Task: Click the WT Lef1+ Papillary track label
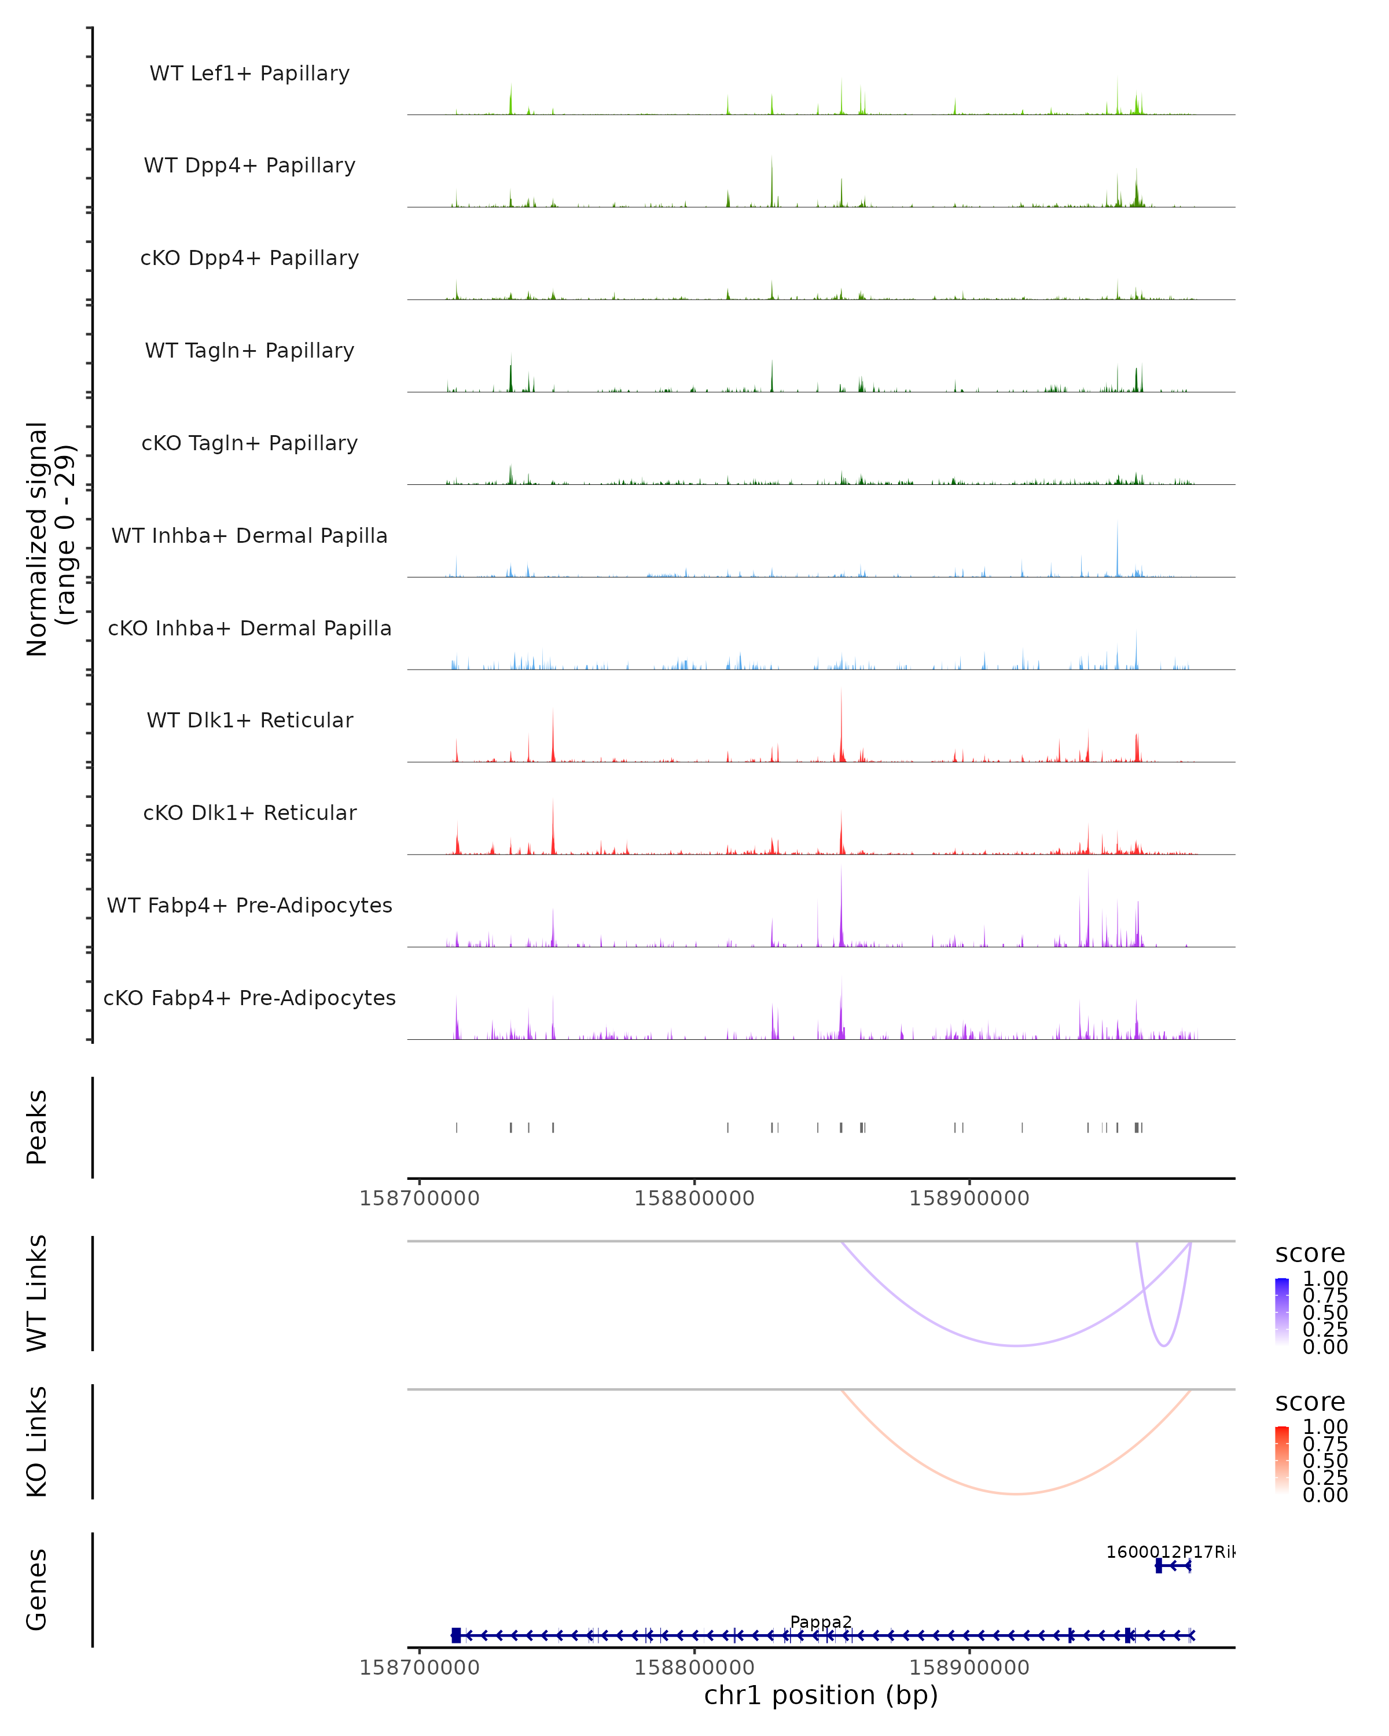click(x=249, y=73)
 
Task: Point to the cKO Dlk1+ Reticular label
click(x=249, y=812)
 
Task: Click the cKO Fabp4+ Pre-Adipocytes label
click(x=249, y=998)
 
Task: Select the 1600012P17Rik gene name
click(x=1169, y=1551)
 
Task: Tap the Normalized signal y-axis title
click(x=50, y=539)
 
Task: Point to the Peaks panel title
click(x=37, y=1127)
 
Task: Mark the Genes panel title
click(x=37, y=1590)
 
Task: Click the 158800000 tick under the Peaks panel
click(x=694, y=1198)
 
